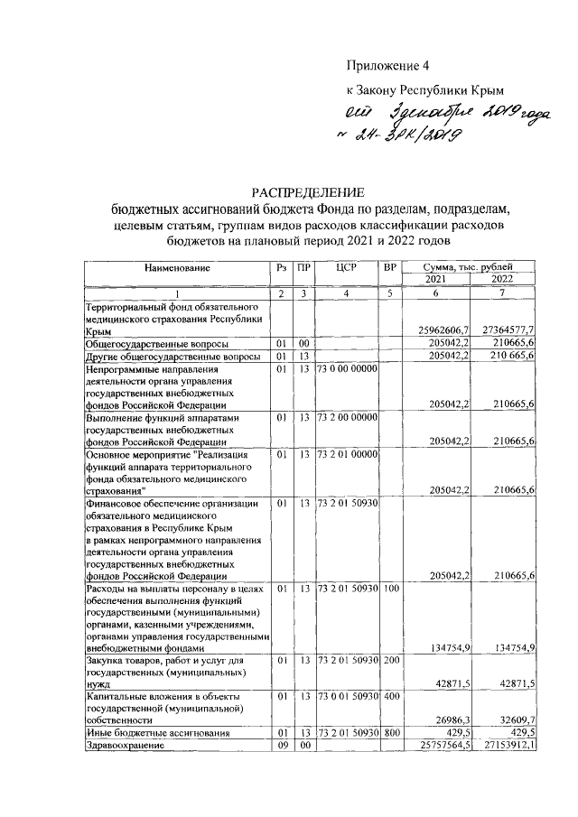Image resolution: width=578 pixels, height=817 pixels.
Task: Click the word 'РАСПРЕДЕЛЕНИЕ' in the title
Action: [307, 192]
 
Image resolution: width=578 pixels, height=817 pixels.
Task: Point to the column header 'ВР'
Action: [390, 268]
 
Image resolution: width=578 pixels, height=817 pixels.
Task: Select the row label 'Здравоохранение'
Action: [127, 745]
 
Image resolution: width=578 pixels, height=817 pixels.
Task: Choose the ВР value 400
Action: [390, 698]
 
